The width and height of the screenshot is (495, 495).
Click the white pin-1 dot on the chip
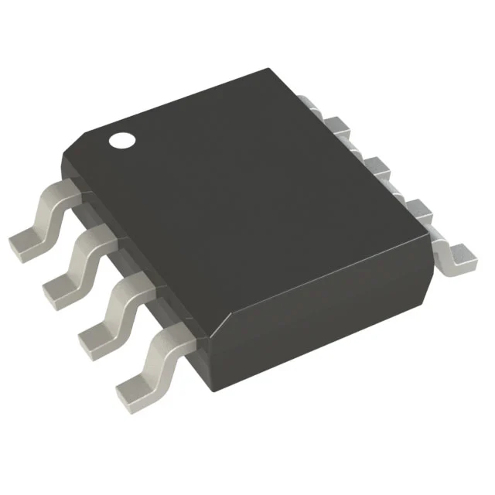pyautogui.click(x=121, y=141)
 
